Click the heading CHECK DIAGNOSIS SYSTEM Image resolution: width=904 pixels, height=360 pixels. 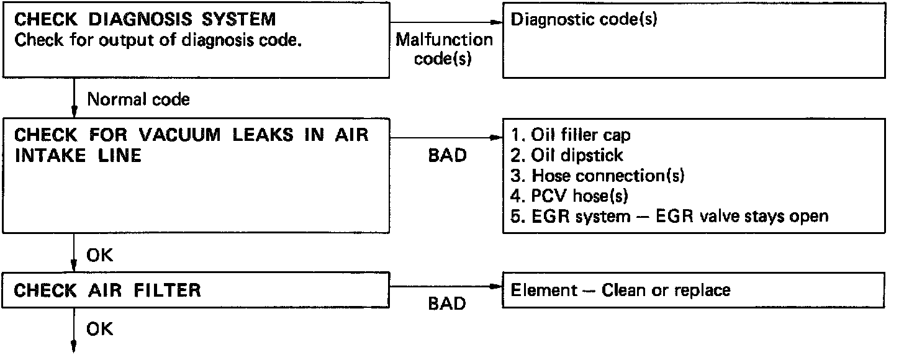tap(145, 20)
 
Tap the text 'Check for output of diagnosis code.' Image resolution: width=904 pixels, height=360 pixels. tap(158, 41)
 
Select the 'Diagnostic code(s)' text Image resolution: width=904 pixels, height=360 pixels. tap(584, 19)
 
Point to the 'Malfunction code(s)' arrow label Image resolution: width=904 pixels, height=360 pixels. tap(444, 50)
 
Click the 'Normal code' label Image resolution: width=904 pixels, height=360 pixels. tap(138, 99)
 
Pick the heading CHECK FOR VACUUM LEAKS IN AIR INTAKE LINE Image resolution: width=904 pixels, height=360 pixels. tap(191, 145)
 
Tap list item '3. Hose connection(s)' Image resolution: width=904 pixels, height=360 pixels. tap(597, 176)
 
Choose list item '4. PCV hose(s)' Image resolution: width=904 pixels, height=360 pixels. tap(570, 196)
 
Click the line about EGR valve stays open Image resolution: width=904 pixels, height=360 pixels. tap(669, 217)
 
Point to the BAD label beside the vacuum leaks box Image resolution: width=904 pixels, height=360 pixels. tap(447, 156)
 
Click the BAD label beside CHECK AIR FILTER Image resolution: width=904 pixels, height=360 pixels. tap(447, 304)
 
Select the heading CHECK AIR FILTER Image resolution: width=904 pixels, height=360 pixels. tap(107, 290)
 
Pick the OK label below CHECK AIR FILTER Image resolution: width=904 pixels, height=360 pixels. tap(101, 328)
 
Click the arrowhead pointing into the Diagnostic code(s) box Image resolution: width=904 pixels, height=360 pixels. tap(496, 21)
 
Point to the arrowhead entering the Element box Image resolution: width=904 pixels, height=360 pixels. tap(496, 287)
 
